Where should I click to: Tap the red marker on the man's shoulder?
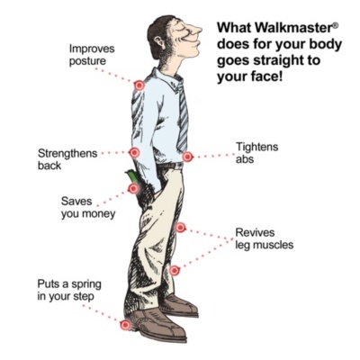139,85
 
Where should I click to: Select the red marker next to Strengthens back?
134,153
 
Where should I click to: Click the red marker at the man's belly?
187,157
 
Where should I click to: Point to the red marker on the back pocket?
133,189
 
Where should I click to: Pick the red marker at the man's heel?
125,325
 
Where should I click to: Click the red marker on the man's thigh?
180,228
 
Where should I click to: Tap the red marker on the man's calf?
175,271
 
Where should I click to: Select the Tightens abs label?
256,153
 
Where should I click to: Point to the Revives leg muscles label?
265,238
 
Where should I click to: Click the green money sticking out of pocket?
131,175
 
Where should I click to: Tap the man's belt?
170,166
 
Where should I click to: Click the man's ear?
159,42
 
